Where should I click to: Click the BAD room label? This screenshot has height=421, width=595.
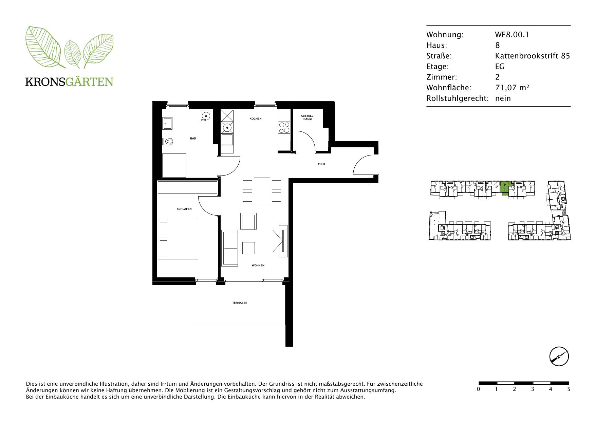[193, 139]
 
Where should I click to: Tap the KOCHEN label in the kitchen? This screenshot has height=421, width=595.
[256, 119]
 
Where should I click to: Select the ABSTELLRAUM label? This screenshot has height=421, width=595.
[308, 117]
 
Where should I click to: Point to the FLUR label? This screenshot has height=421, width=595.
[321, 164]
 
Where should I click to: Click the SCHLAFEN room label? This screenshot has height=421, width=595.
[184, 209]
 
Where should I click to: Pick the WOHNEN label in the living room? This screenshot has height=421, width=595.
[258, 266]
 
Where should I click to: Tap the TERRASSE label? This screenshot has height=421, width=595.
[240, 303]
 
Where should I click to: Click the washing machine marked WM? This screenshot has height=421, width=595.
[206, 116]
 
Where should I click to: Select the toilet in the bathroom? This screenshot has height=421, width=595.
[168, 141]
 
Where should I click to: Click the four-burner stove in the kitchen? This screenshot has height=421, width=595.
[284, 127]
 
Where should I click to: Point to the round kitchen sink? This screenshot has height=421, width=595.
[227, 128]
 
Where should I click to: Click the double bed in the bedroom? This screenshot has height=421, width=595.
[178, 239]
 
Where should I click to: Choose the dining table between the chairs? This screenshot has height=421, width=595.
[262, 190]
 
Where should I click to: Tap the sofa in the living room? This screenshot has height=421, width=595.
[230, 248]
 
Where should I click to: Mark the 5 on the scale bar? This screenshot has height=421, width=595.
[569, 389]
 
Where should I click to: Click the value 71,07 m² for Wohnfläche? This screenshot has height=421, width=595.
[512, 88]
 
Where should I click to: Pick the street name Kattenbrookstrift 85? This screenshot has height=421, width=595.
[533, 56]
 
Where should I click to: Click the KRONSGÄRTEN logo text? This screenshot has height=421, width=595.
[69, 82]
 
